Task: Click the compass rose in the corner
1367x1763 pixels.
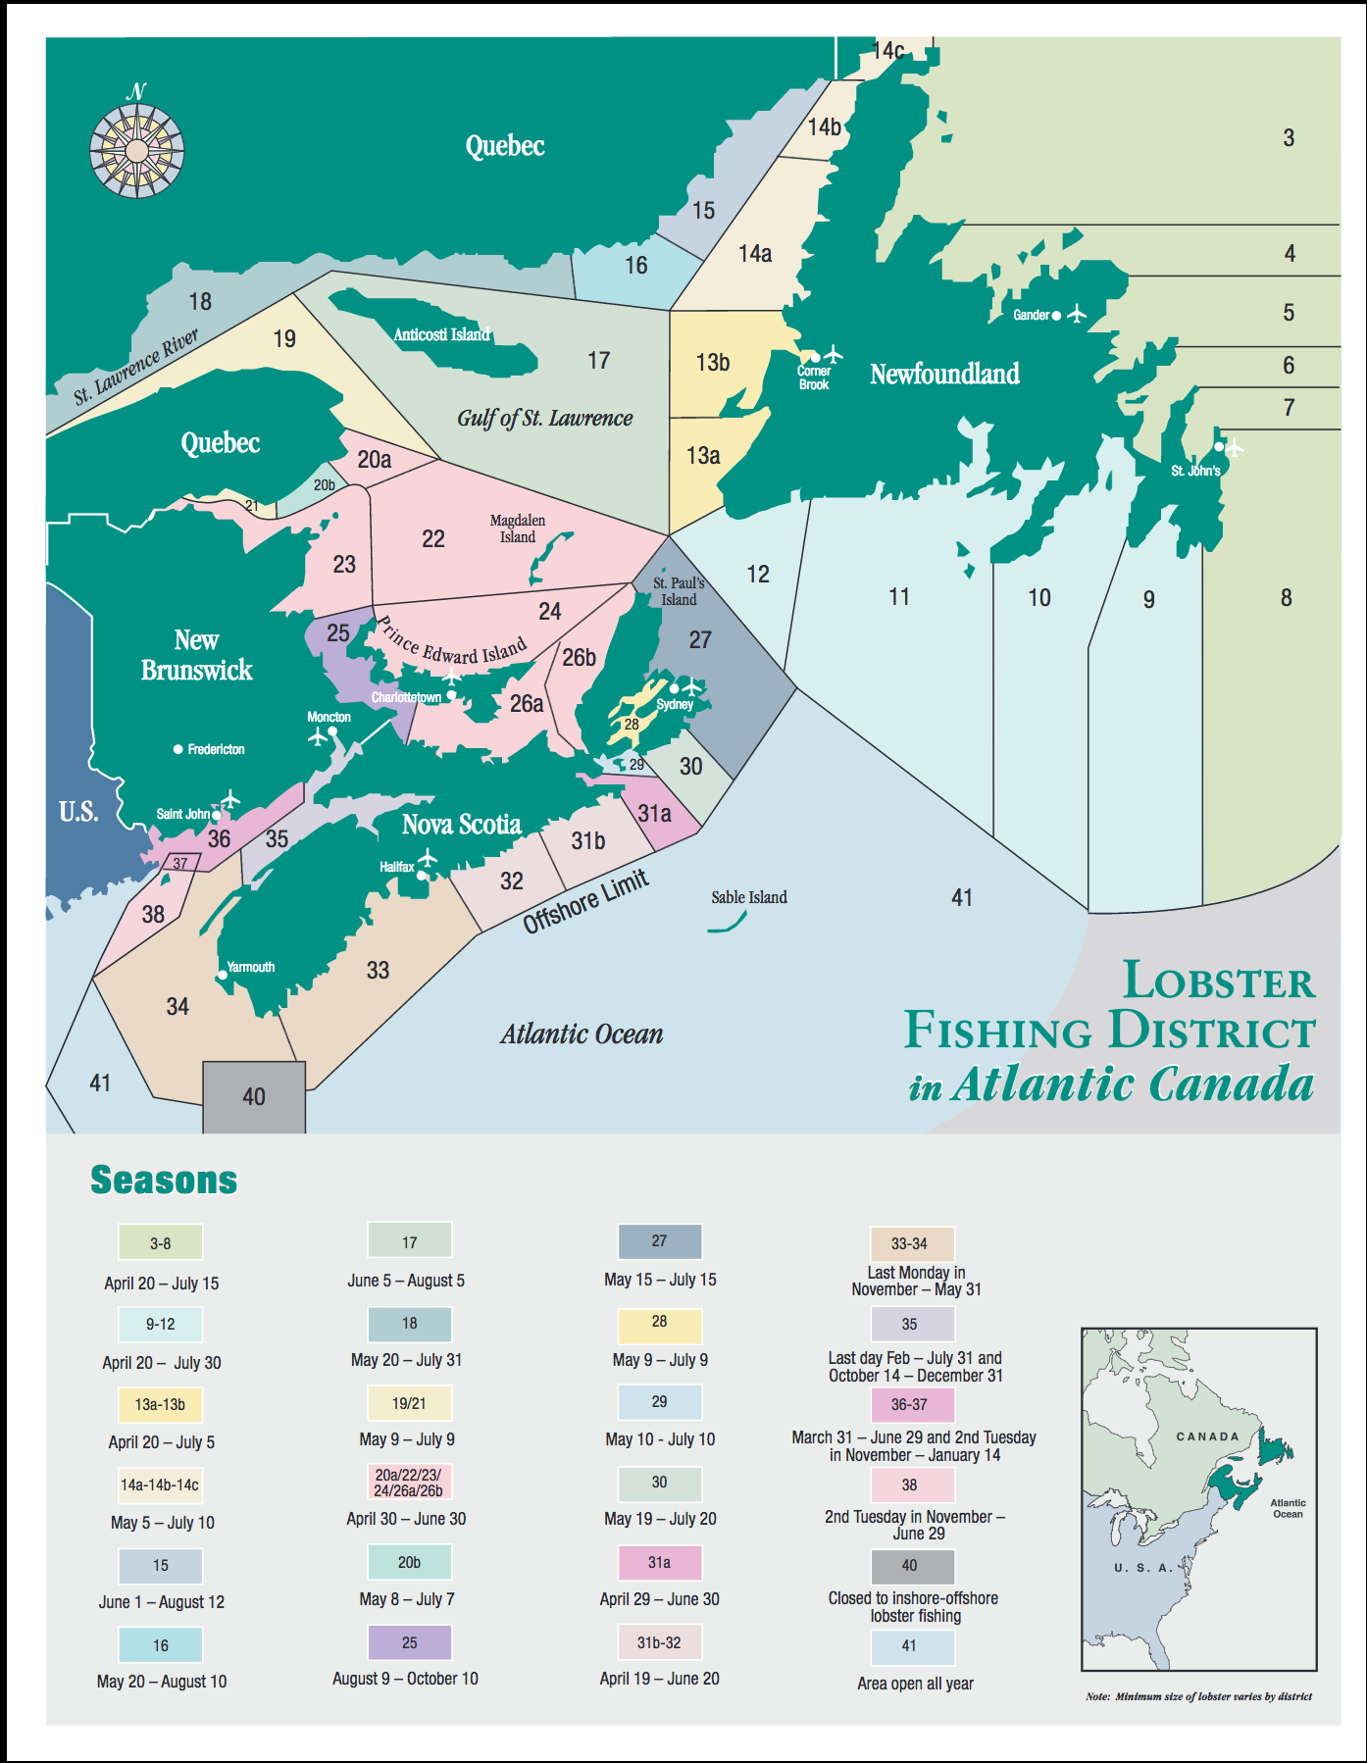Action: (136, 150)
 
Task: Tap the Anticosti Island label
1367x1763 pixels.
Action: (441, 334)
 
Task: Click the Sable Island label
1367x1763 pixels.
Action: (749, 897)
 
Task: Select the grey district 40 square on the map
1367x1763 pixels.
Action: (254, 1096)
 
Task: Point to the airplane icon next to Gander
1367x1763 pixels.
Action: (1077, 314)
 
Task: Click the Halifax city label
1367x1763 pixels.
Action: (396, 867)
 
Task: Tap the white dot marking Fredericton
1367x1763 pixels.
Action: (178, 749)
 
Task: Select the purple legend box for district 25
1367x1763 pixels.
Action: (409, 1642)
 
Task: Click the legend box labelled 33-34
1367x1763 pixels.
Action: (909, 1243)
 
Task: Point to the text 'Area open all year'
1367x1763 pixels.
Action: (915, 1684)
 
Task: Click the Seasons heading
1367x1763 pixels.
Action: (164, 1180)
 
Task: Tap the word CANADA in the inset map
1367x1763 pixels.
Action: (1207, 1436)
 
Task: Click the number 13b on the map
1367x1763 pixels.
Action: (713, 363)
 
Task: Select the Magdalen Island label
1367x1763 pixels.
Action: (518, 529)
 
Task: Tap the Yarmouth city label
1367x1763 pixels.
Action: (251, 967)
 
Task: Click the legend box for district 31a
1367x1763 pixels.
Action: (659, 1562)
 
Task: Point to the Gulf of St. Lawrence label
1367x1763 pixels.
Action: (544, 418)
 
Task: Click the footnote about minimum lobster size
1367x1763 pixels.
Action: (1198, 1696)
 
